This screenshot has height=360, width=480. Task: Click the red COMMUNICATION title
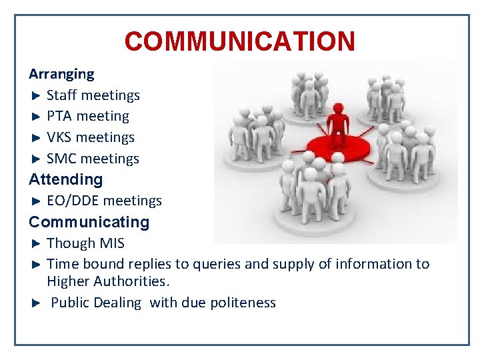pyautogui.click(x=239, y=41)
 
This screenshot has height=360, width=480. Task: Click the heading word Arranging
pyautogui.click(x=61, y=74)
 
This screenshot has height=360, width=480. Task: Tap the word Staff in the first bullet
pyautogui.click(x=61, y=95)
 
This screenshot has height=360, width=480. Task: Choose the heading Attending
pyautogui.click(x=66, y=179)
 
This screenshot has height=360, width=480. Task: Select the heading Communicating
pyautogui.click(x=89, y=222)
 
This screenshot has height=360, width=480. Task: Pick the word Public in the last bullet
pyautogui.click(x=70, y=303)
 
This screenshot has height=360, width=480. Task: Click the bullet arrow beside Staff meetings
pyautogui.click(x=37, y=95)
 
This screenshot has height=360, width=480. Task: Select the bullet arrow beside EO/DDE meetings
pyautogui.click(x=37, y=201)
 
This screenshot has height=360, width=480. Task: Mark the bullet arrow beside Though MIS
pyautogui.click(x=37, y=243)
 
